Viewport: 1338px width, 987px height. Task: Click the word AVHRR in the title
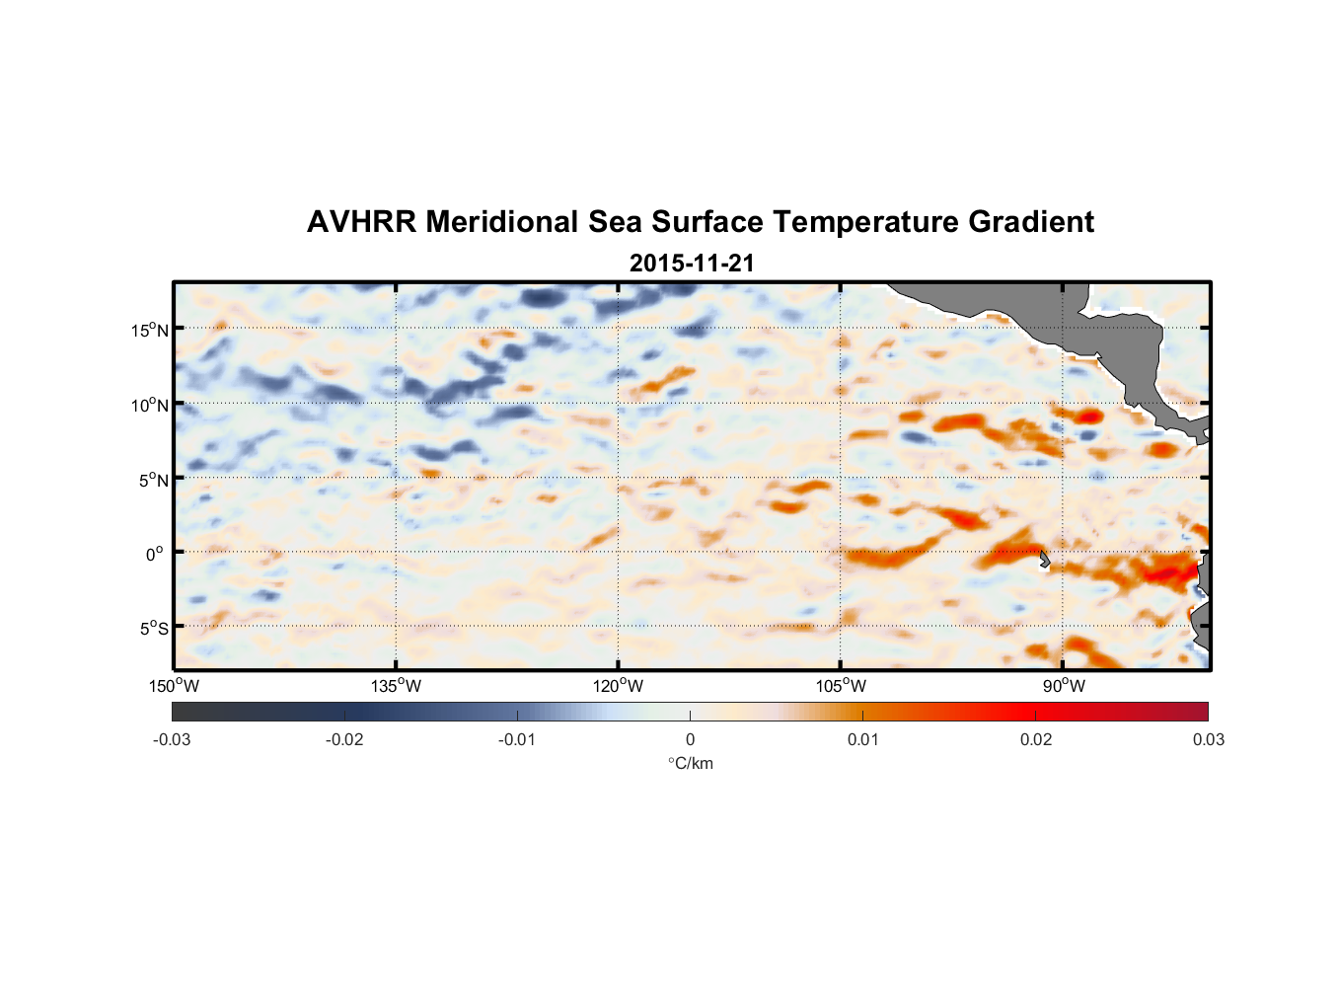tap(361, 222)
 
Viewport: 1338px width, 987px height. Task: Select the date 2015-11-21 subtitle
tap(692, 263)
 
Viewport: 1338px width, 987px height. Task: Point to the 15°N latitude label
tap(150, 330)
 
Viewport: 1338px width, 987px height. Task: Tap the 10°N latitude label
tap(150, 405)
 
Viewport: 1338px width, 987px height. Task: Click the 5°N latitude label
tap(153, 480)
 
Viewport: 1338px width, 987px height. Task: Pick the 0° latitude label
tap(155, 554)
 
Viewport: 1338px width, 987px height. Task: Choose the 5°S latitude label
tap(153, 629)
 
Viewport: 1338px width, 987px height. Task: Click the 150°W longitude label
tap(175, 686)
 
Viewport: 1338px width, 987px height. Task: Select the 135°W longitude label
tap(397, 686)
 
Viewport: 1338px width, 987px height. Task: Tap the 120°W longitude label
tap(619, 686)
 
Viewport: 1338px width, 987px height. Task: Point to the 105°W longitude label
tap(841, 686)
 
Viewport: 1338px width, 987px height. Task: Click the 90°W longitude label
tap(1064, 686)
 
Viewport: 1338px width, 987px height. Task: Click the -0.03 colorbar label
tap(172, 739)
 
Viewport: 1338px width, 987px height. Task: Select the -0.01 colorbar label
tap(517, 739)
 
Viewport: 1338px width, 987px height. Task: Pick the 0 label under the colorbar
tap(690, 739)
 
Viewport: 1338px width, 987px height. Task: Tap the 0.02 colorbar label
tap(1036, 739)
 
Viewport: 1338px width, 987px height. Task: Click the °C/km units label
tap(690, 763)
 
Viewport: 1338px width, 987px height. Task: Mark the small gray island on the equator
tap(1044, 560)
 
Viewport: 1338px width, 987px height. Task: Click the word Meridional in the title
tap(502, 222)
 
